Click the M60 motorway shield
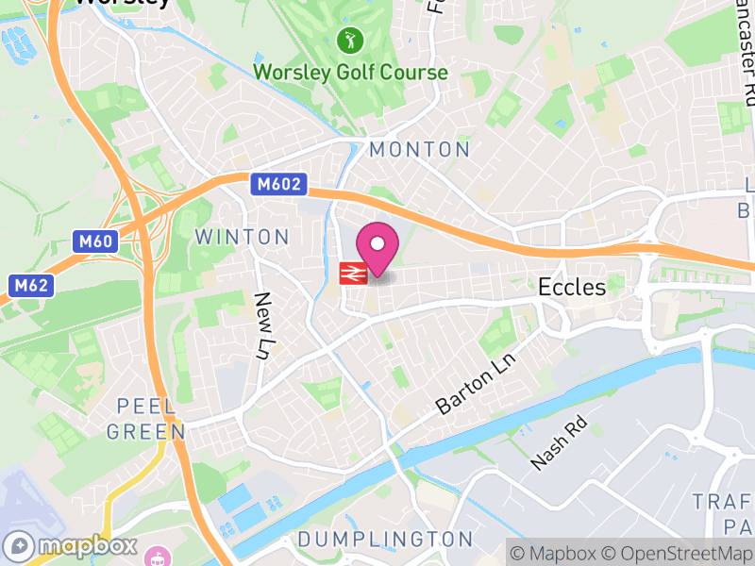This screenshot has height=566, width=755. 95,241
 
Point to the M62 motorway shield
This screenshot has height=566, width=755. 30,284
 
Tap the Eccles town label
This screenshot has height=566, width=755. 572,287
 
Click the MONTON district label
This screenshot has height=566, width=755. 419,149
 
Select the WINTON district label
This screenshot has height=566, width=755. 242,237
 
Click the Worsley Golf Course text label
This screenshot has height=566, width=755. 350,72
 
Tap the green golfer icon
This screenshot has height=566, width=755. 349,41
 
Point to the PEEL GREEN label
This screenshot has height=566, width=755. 145,419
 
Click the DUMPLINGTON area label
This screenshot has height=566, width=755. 385,540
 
